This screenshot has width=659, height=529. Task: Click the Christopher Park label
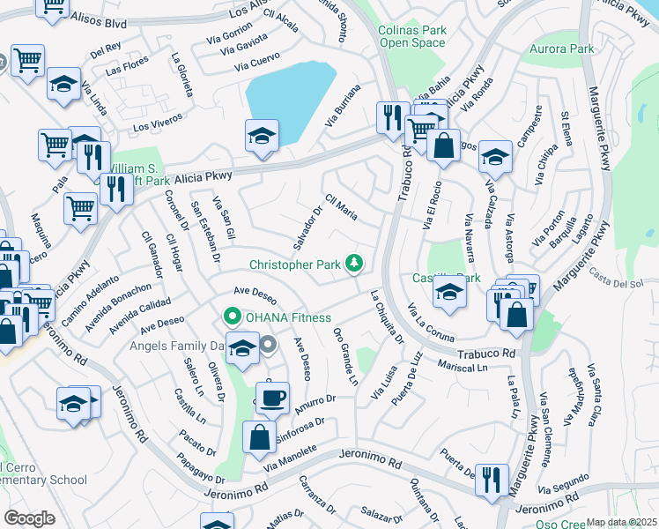(x=296, y=264)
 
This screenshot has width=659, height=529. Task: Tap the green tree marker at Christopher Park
(x=354, y=263)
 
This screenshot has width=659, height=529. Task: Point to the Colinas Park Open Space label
(x=412, y=36)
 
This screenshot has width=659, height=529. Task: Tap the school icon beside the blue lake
(x=262, y=135)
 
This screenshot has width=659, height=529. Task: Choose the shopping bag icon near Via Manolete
(x=259, y=436)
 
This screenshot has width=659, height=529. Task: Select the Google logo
(x=29, y=518)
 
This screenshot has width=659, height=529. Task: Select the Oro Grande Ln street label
(x=346, y=356)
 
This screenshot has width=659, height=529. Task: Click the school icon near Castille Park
(x=448, y=292)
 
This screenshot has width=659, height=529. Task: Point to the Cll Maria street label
(x=341, y=208)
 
